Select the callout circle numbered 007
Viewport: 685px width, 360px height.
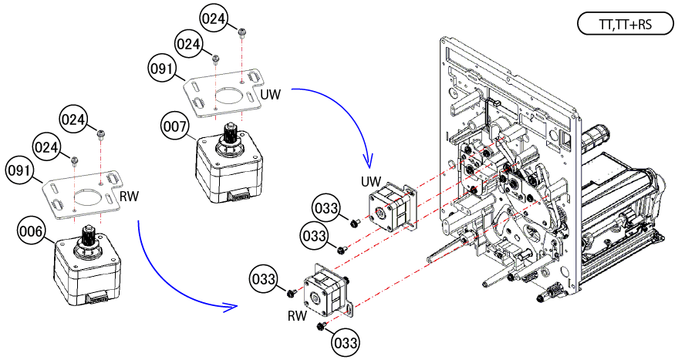[175, 126]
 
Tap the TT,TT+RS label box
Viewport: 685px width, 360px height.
[625, 25]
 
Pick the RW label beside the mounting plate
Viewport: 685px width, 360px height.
[129, 197]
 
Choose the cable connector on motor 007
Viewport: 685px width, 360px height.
[238, 197]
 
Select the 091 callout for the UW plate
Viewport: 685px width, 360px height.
[162, 69]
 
